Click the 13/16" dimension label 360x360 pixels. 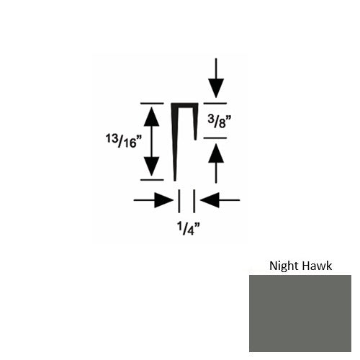(x=124, y=141)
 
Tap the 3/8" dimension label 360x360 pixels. (x=220, y=122)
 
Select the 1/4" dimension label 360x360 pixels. (x=188, y=228)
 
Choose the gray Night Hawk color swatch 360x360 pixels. (x=300, y=313)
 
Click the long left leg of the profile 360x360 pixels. (x=175, y=142)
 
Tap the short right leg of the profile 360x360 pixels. (x=196, y=122)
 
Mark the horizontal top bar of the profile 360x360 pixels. (x=184, y=105)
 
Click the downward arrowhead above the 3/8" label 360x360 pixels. (x=216, y=88)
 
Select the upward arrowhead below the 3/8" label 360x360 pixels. (x=216, y=153)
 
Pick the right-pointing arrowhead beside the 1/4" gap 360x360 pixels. (x=163, y=199)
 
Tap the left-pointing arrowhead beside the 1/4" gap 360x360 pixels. (x=210, y=199)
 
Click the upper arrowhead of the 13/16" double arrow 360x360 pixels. (x=151, y=117)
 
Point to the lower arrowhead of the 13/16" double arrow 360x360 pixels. (x=151, y=166)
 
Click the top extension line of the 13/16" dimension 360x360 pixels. (x=152, y=104)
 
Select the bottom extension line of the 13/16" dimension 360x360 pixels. (x=152, y=179)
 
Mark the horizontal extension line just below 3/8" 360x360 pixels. (x=215, y=138)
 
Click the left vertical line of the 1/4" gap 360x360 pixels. (x=179, y=201)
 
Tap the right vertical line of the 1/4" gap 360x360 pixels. (x=194, y=201)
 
